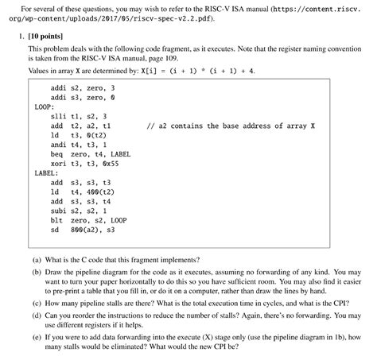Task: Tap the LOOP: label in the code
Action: (44, 105)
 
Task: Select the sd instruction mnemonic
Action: (53, 230)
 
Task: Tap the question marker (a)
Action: (37, 260)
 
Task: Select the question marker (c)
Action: (37, 303)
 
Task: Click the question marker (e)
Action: (37, 337)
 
